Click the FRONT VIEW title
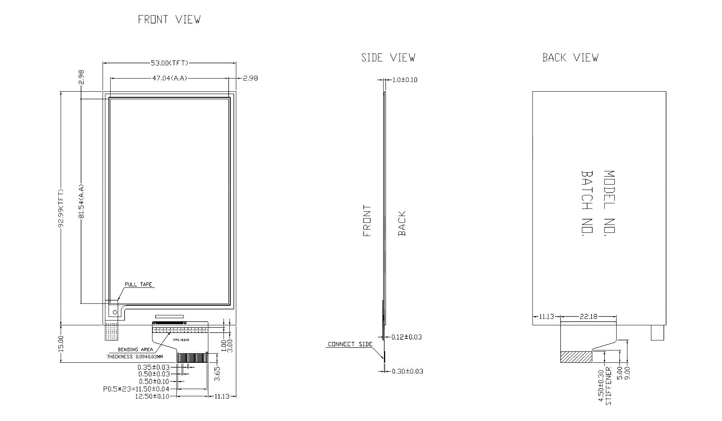(x=169, y=20)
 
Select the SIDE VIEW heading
(x=388, y=58)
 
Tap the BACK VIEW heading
(x=570, y=58)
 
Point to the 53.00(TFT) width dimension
(x=169, y=63)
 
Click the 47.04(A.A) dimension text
(x=169, y=78)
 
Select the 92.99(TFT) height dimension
(x=61, y=208)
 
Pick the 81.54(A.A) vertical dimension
(x=81, y=201)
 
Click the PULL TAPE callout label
(x=138, y=285)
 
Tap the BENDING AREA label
(x=135, y=350)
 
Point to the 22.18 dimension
(x=588, y=317)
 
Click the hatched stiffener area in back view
(x=576, y=357)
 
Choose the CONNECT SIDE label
(x=350, y=344)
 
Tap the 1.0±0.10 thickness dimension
(x=405, y=80)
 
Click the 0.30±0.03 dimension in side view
(x=407, y=372)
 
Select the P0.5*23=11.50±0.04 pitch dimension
(x=136, y=389)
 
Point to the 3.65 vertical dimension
(x=218, y=374)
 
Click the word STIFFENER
(x=608, y=386)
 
